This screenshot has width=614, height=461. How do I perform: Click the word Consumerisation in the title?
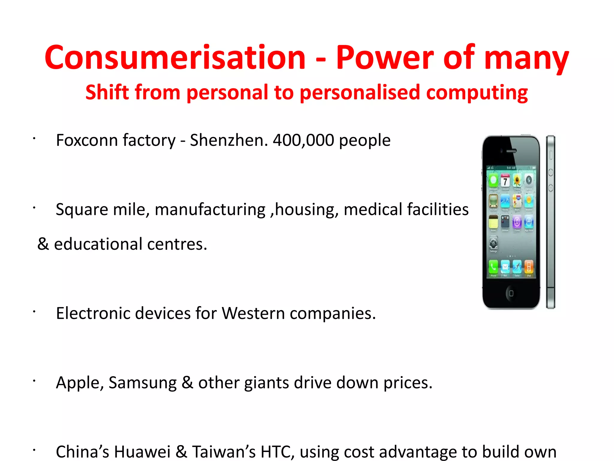(x=175, y=58)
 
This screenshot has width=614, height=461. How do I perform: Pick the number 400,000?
(x=303, y=140)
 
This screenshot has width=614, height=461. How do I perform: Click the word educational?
(x=98, y=244)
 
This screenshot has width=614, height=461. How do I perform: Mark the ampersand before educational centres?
(x=43, y=244)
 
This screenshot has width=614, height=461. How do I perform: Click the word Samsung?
(x=142, y=383)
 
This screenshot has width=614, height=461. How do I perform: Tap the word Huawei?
(x=142, y=452)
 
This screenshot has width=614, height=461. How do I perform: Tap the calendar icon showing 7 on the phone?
(x=505, y=181)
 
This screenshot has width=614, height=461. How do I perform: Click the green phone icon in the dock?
(x=493, y=266)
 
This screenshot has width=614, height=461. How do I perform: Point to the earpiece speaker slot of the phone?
(x=511, y=151)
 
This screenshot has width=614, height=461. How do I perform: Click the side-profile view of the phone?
(x=550, y=222)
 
